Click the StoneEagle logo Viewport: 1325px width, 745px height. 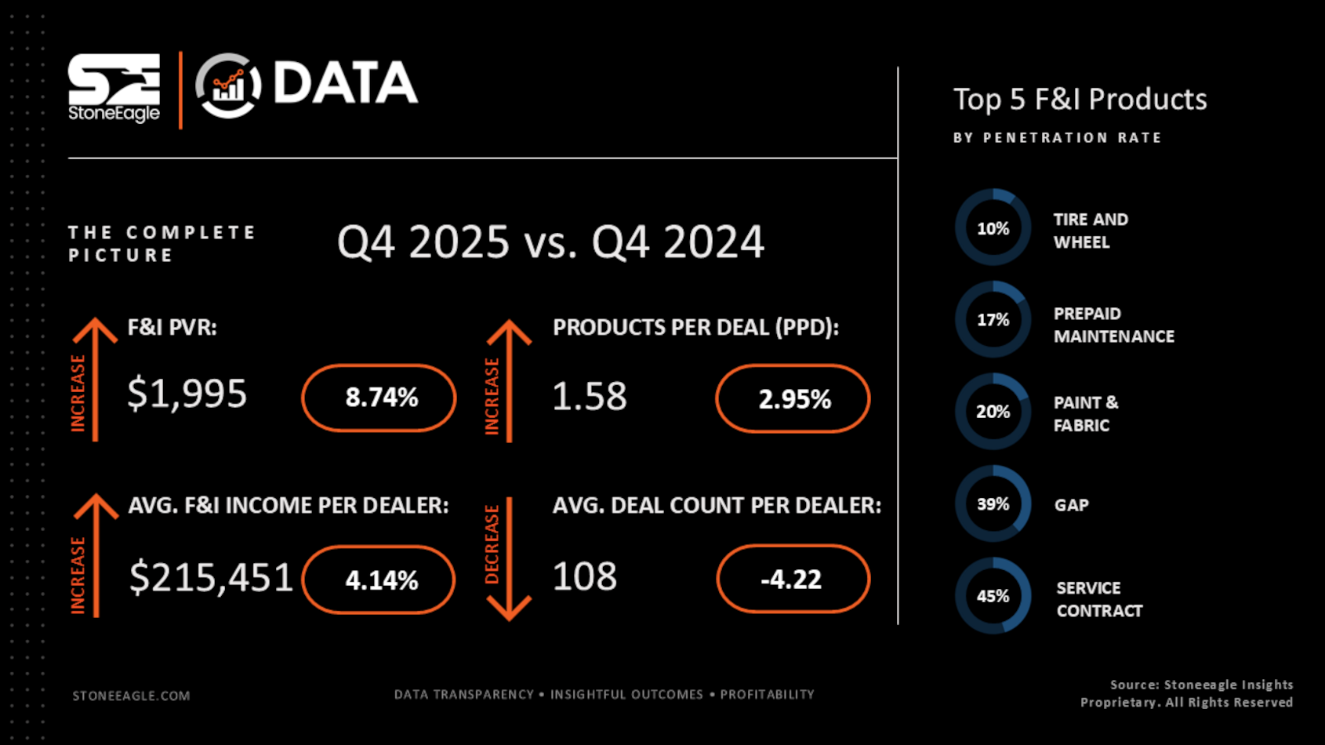coord(114,88)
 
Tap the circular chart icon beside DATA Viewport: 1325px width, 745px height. coord(228,85)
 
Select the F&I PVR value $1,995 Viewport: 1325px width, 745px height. coord(187,394)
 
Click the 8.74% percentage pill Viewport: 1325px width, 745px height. coord(379,398)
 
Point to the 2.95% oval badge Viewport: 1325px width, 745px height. coord(793,398)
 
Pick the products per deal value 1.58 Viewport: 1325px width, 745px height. coord(590,396)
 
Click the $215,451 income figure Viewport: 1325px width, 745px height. coord(211,578)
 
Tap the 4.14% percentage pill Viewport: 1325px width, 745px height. coord(379,580)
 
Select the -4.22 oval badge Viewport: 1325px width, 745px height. coord(793,579)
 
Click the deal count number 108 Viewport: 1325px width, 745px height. coord(585,577)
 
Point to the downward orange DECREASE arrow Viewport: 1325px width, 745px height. coord(509,558)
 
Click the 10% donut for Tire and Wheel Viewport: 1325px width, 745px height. coord(993,228)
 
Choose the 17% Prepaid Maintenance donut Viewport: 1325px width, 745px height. coord(993,320)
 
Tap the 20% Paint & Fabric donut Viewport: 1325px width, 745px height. coord(993,412)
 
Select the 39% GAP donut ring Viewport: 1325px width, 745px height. coord(993,504)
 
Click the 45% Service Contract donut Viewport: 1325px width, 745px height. coord(993,596)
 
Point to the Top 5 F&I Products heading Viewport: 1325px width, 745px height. coord(1080,100)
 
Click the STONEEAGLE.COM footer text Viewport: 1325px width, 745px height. coord(131,696)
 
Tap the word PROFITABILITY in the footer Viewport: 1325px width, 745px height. coord(767,695)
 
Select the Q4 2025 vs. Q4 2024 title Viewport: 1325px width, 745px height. coord(550,242)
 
